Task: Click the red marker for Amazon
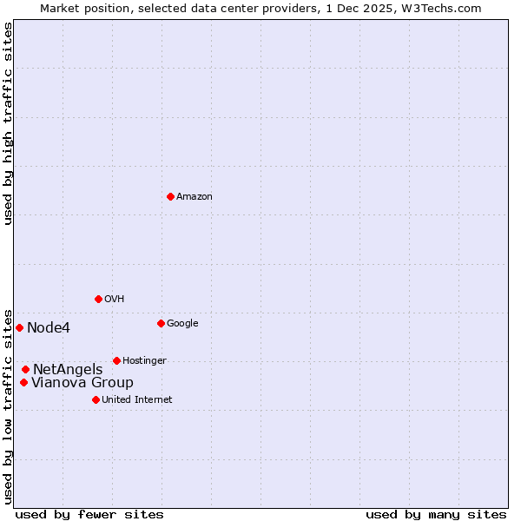coord(170,196)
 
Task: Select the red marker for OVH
coord(98,299)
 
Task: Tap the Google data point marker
coord(161,323)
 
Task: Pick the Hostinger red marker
coord(116,360)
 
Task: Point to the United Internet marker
coord(96,399)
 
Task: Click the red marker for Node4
coord(19,327)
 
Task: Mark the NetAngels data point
coord(25,369)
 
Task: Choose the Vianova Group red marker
coord(23,382)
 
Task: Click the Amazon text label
coord(195,197)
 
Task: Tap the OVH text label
coord(115,300)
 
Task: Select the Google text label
coord(182,324)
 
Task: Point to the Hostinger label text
coord(144,361)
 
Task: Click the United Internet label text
coord(136,400)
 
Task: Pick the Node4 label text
coord(49,328)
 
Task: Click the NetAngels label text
coord(68,370)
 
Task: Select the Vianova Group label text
coord(82,383)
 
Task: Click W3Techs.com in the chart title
coord(439,8)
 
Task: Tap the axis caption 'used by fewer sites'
coord(89,514)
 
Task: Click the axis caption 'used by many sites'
coord(436,514)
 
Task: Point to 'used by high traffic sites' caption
coord(8,123)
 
